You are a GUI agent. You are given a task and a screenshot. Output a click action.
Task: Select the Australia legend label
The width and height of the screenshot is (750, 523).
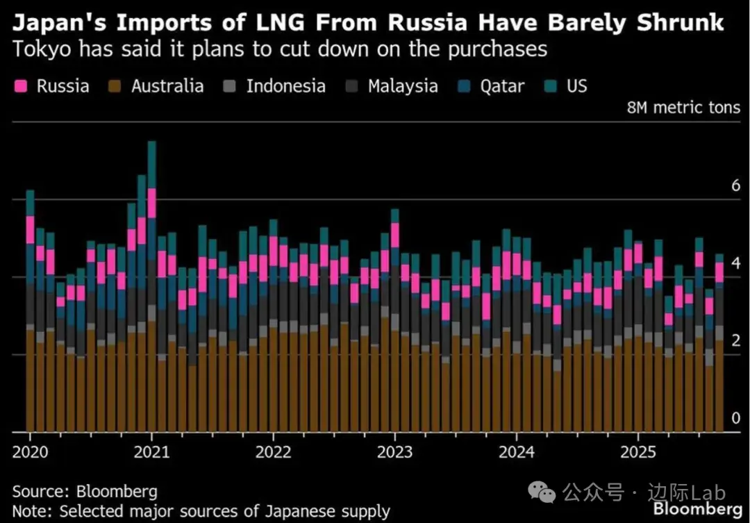(167, 86)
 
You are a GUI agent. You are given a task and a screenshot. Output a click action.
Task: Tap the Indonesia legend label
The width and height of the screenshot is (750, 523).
(285, 86)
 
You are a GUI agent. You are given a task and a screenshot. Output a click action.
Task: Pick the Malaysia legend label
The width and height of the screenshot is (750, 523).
(403, 86)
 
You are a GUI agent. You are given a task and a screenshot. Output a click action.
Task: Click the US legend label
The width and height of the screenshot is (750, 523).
(576, 86)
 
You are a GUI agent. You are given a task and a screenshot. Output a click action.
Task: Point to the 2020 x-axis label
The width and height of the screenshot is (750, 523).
(31, 451)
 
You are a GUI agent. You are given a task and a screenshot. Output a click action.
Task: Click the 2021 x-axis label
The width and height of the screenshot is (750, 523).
(152, 451)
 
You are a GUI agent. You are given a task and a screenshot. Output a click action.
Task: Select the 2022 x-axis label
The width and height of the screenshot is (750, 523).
(274, 451)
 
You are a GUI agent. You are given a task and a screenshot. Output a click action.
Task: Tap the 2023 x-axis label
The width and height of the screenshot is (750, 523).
(395, 451)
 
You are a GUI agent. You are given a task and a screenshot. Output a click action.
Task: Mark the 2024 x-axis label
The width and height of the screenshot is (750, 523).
(517, 451)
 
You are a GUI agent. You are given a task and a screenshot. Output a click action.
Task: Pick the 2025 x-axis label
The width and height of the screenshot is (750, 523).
(638, 451)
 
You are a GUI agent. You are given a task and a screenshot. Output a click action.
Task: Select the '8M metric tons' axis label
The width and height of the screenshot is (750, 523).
(683, 108)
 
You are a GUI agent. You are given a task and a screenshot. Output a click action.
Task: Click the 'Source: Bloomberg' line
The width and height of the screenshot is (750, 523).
(85, 492)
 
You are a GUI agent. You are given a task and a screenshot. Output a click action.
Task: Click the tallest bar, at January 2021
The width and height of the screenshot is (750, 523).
(151, 292)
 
